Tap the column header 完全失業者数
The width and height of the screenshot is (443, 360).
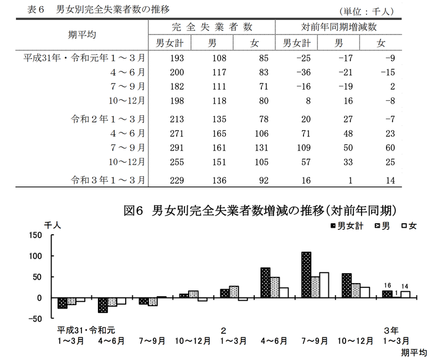click(213, 27)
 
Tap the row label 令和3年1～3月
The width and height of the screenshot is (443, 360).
click(109, 180)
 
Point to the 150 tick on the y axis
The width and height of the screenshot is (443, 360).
click(34, 235)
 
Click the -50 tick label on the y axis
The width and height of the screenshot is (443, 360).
click(34, 318)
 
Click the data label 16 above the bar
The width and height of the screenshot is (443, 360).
click(388, 286)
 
